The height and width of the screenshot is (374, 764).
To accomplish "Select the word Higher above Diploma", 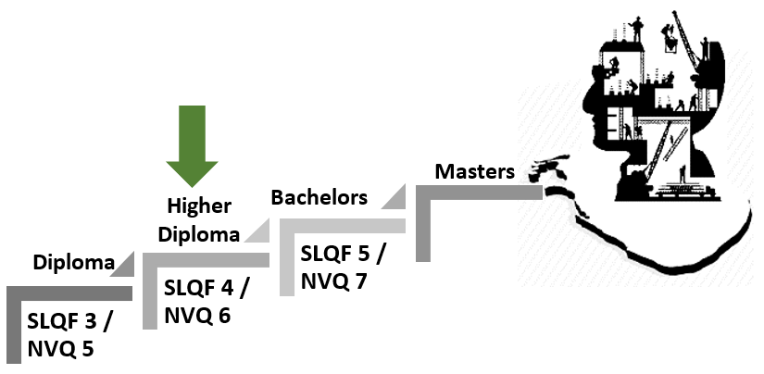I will click(x=198, y=206).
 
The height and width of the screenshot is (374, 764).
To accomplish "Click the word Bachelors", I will click(x=319, y=197).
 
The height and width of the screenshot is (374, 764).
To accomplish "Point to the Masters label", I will click(x=474, y=171).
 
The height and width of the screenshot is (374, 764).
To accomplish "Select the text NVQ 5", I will click(x=61, y=349).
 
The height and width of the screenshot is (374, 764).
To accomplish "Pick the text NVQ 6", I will click(x=196, y=315).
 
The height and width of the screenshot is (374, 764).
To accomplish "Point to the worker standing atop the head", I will click(x=636, y=29).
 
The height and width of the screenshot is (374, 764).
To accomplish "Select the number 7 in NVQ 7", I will click(x=360, y=280).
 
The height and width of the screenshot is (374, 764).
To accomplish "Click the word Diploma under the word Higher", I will click(x=198, y=233).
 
